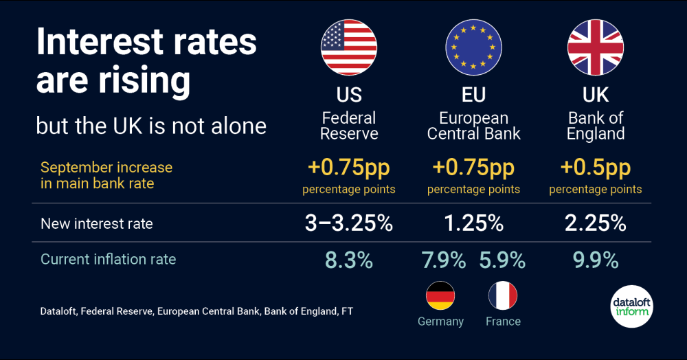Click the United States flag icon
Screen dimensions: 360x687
click(349, 47)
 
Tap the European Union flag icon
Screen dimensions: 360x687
click(473, 47)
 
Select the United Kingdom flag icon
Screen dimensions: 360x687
click(595, 47)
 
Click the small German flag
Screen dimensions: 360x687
click(440, 295)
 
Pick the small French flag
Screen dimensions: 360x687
click(503, 295)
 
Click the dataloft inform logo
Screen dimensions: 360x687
click(631, 306)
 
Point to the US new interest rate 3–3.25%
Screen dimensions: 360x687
click(349, 223)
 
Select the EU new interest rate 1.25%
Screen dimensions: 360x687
click(473, 223)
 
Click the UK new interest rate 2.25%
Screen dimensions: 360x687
click(595, 223)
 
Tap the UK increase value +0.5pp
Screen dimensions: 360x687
click(595, 168)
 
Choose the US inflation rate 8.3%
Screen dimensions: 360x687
click(349, 260)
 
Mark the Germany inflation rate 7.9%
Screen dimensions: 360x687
click(443, 260)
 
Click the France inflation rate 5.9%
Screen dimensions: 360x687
click(503, 260)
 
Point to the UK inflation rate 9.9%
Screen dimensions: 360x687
click(595, 260)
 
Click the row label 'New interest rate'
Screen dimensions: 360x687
click(97, 223)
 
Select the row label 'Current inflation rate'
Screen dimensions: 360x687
click(109, 260)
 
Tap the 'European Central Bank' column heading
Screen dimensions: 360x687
click(473, 126)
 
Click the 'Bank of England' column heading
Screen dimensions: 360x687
click(595, 126)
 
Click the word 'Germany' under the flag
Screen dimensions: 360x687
click(440, 322)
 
